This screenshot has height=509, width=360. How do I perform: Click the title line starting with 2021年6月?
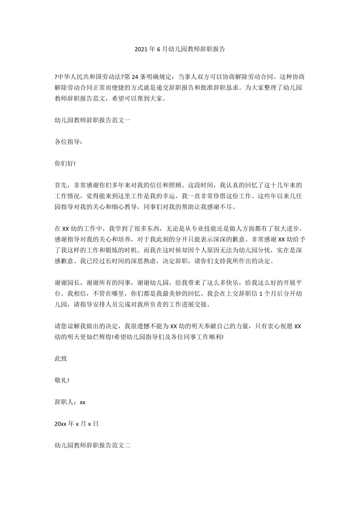point(180,49)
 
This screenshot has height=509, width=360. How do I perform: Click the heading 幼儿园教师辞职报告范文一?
point(92,121)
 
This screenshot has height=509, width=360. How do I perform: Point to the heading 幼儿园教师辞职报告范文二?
point(92,445)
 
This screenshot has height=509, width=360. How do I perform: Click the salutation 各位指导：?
point(69,142)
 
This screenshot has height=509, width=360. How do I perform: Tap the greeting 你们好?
point(65,164)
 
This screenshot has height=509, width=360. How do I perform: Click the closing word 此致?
point(61,358)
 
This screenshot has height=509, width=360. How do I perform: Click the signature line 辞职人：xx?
point(70,402)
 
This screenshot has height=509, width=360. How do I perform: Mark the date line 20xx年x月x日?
point(76,423)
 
